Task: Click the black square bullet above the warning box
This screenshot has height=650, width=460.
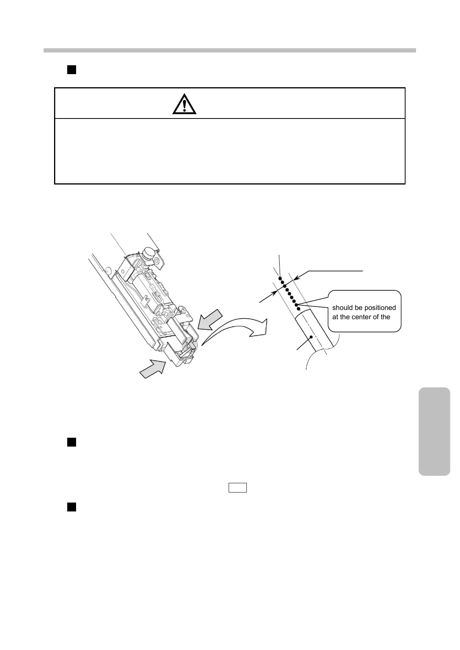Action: click(71, 69)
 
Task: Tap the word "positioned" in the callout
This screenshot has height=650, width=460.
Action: click(380, 308)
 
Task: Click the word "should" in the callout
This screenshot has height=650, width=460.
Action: click(342, 308)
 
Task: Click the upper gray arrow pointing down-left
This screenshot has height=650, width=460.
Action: click(210, 320)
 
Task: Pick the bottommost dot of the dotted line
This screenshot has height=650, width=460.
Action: click(299, 309)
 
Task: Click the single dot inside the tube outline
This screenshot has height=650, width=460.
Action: click(311, 337)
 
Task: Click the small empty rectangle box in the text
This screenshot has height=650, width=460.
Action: click(238, 488)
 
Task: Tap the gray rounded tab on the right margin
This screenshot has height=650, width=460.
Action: click(434, 431)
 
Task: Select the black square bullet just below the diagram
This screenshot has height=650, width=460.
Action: click(71, 442)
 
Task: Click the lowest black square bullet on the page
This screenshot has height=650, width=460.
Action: click(71, 507)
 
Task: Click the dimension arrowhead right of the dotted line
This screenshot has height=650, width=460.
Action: click(296, 277)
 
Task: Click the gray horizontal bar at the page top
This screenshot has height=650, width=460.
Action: click(230, 50)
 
